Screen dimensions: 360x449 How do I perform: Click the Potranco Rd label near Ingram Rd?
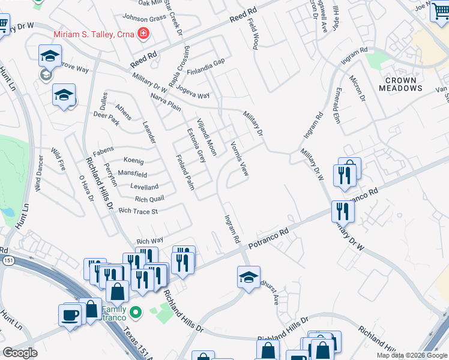pyautogui.click(x=268, y=237)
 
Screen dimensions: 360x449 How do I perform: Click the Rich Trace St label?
pyautogui.click(x=138, y=211)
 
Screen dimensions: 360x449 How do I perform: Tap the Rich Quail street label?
pyautogui.click(x=149, y=199)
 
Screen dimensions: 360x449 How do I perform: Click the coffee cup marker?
pyautogui.click(x=70, y=314)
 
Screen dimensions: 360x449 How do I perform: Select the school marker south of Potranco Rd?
pyautogui.click(x=249, y=277)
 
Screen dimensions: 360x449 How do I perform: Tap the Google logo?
pyautogui.click(x=20, y=353)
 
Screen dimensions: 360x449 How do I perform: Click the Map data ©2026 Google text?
pyautogui.click(x=411, y=355)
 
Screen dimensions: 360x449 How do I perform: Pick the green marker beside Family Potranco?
pyautogui.click(x=136, y=311)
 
